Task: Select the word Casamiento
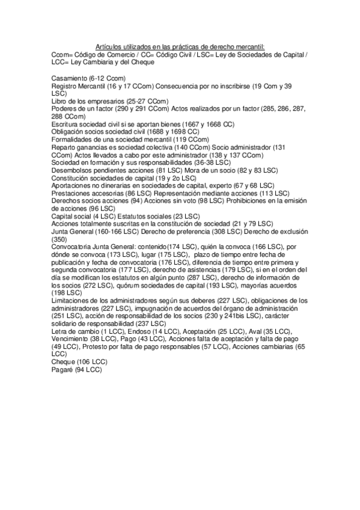69,79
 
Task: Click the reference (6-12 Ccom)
107,79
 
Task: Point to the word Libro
60,101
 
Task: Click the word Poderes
64,109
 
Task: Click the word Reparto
64,147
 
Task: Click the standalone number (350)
60,238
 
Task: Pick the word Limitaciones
72,300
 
